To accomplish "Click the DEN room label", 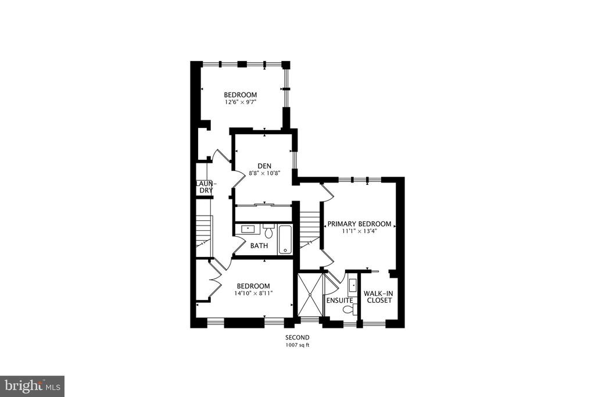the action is [x=264, y=166].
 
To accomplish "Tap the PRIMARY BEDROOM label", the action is [x=359, y=224].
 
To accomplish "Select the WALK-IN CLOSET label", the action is [x=378, y=297].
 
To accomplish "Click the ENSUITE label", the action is [x=340, y=300].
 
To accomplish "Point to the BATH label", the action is [x=259, y=245].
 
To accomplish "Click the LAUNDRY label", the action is [x=205, y=187].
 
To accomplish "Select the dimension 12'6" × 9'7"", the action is [x=240, y=102].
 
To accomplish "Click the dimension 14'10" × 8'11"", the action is [x=253, y=293].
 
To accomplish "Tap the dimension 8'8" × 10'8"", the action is [x=264, y=173].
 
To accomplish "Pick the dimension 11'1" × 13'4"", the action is [x=359, y=231].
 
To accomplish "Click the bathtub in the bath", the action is [x=285, y=240].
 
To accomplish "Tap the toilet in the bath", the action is [x=268, y=231].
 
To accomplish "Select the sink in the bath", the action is [x=248, y=228].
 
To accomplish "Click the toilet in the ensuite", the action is [x=349, y=310].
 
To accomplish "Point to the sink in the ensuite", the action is [x=353, y=285].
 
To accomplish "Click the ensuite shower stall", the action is [x=310, y=294].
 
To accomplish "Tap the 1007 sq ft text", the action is [x=297, y=345].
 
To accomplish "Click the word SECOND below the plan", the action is [x=297, y=337].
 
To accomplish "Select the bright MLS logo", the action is [x=32, y=387].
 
